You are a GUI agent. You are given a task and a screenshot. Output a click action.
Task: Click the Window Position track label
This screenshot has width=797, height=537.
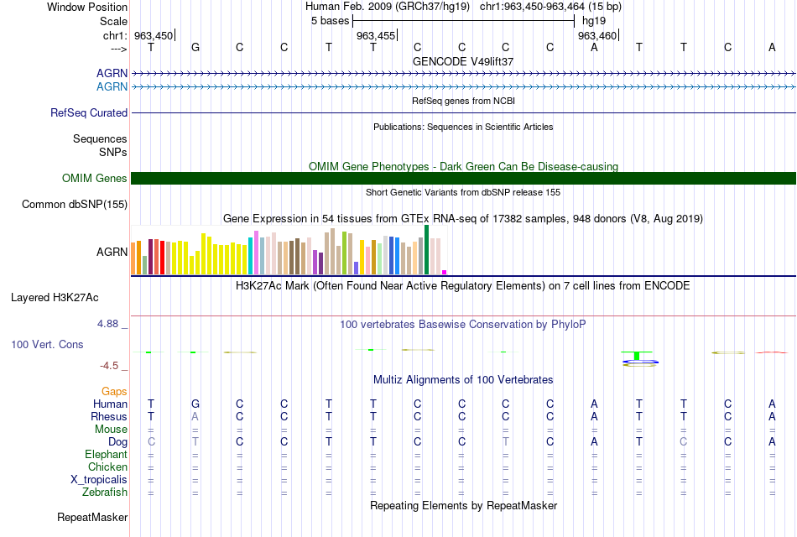[87, 7]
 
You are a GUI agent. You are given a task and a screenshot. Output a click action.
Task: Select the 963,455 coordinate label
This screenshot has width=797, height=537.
[375, 35]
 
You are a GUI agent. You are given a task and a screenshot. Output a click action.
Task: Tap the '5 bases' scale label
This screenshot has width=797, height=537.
[331, 21]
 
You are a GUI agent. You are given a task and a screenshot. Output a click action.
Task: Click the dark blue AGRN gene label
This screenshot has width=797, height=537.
[112, 73]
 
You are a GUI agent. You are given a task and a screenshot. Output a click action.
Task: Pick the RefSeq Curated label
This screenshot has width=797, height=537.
[89, 113]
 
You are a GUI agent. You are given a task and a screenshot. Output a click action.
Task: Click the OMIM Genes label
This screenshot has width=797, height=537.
[95, 178]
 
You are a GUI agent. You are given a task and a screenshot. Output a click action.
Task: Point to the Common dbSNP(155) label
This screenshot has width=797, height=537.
[75, 205]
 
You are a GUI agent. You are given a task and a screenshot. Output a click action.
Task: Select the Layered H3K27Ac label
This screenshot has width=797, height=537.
[55, 298]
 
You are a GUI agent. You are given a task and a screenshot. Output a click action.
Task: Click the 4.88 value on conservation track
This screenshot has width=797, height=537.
[107, 323]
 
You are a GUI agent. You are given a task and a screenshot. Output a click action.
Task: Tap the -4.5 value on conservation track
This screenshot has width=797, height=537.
[109, 366]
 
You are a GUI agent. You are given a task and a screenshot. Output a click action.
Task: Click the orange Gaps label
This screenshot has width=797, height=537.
[114, 392]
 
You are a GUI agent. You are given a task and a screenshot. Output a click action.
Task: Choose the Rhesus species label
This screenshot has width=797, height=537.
[109, 416]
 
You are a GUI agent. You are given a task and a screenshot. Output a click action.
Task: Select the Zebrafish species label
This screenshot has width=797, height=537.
[105, 493]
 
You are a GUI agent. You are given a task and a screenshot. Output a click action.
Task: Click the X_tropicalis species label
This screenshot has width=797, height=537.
[99, 480]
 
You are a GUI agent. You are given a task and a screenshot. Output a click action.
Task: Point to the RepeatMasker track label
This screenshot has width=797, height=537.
[92, 517]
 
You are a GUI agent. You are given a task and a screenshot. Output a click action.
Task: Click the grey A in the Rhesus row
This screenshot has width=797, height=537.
[195, 416]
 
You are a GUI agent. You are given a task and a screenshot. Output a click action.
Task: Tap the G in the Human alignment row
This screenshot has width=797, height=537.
[195, 404]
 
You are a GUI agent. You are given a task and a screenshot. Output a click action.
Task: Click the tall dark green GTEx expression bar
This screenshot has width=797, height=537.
[426, 250]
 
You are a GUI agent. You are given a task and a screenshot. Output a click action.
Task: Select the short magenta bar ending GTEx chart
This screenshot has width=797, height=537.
[445, 272]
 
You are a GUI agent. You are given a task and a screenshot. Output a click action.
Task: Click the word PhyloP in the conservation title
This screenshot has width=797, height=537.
[568, 325]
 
